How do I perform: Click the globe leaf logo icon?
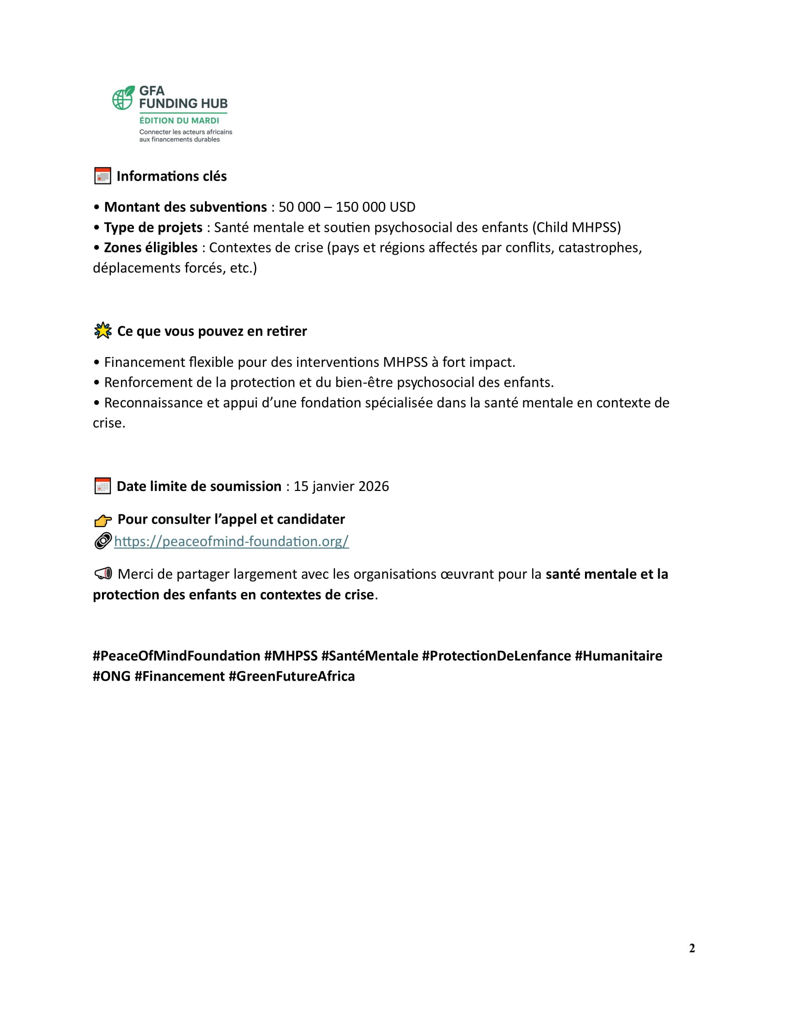(123, 98)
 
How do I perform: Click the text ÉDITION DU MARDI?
(179, 120)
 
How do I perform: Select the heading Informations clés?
(172, 176)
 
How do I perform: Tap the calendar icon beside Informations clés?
(102, 176)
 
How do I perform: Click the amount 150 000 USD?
(375, 207)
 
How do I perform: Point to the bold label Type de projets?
(153, 227)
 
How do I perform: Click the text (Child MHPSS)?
(576, 227)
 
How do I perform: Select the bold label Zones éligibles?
(151, 247)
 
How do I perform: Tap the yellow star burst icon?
(103, 331)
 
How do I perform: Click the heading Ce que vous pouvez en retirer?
(212, 331)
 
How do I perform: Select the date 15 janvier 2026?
(341, 486)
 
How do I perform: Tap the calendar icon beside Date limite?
(102, 486)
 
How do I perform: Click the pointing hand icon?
(103, 520)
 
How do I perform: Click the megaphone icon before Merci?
(103, 573)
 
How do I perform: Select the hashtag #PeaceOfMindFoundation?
(176, 655)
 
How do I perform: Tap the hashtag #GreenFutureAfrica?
(291, 676)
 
